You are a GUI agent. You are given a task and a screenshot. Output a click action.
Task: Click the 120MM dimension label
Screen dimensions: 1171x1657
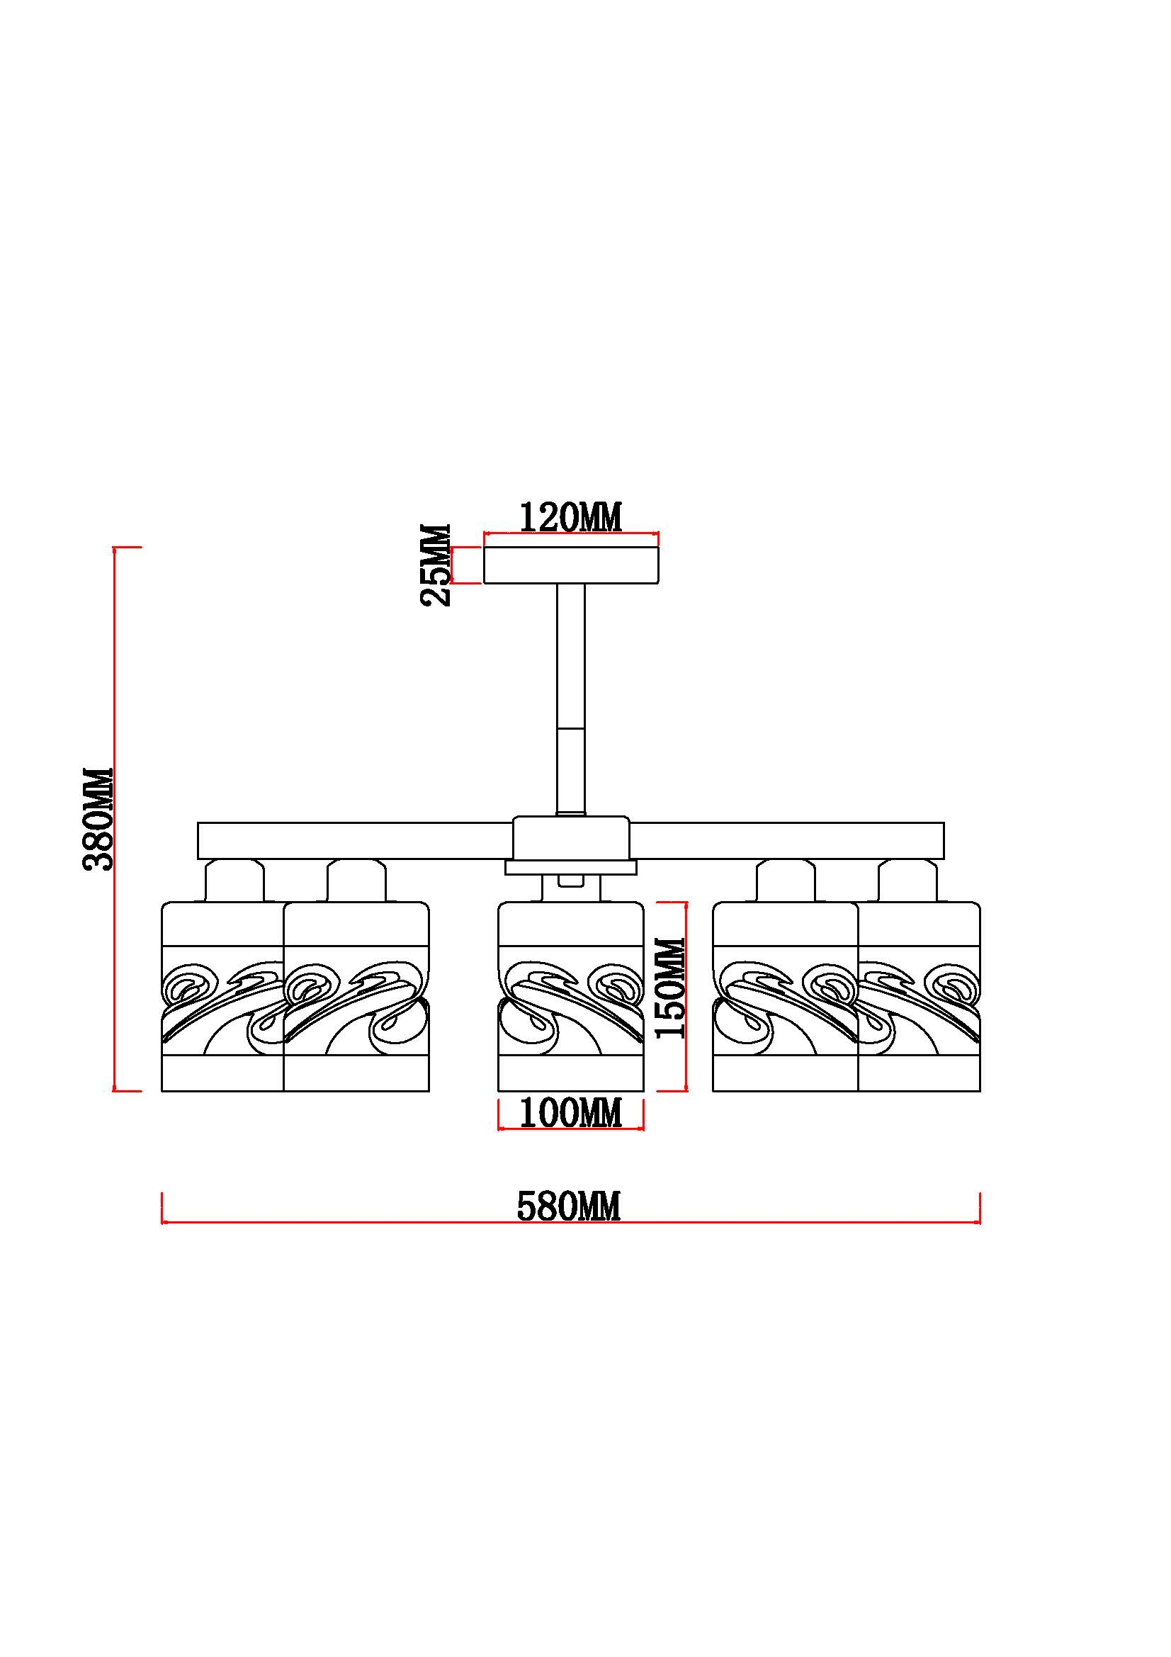coord(570,517)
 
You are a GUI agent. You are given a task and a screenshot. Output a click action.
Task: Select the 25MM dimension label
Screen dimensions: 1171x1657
coord(436,565)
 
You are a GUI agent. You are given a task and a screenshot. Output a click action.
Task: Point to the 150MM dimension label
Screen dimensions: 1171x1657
coord(669,988)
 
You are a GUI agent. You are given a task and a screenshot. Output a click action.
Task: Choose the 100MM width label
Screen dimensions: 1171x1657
coord(570,1113)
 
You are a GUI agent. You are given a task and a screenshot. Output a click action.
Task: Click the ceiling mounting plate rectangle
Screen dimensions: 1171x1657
coord(571,565)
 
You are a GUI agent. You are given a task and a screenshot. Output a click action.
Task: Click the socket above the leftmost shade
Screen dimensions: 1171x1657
coord(235,881)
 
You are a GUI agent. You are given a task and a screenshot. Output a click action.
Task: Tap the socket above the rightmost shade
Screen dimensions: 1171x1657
coord(908,881)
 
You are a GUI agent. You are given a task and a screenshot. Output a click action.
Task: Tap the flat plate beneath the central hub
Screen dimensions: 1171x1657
coord(571,868)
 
